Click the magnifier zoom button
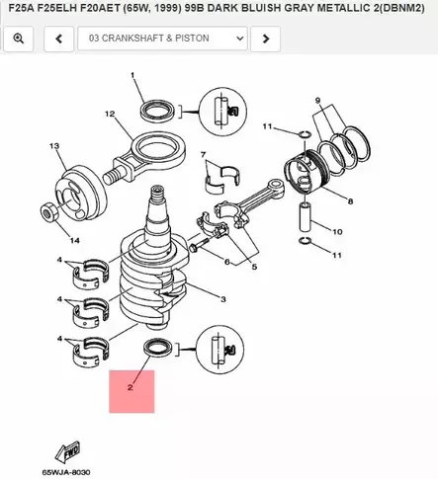point(19,39)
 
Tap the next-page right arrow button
point(265,39)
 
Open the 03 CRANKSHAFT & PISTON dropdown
point(162,39)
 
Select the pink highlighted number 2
point(130,389)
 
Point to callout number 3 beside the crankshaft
point(223,298)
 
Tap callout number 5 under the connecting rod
point(253,268)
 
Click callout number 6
point(225,262)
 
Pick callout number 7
point(203,155)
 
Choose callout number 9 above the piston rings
point(317,101)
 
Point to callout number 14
point(73,240)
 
